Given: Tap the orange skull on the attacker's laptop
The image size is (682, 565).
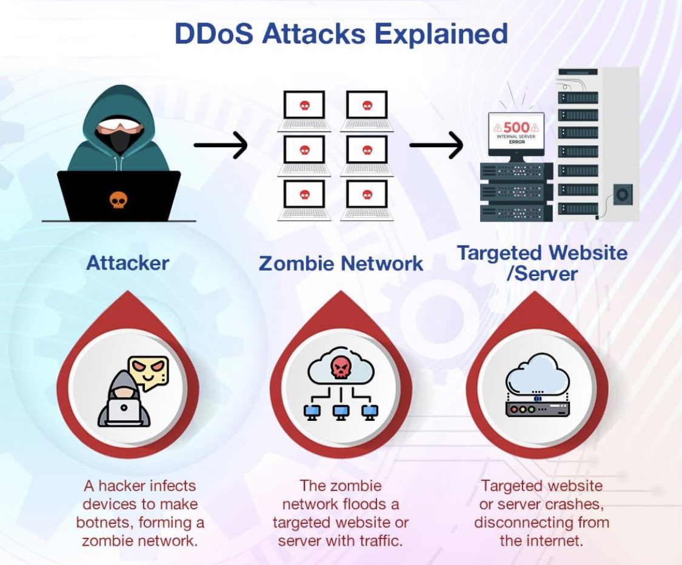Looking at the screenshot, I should pos(118,199).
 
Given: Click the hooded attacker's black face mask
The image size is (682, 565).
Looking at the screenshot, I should pos(121,140).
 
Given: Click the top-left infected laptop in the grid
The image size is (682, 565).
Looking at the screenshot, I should pos(304,110).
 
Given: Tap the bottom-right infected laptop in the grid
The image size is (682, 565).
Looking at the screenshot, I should pos(366,199).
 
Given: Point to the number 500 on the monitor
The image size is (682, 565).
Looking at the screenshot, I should pos(517,128).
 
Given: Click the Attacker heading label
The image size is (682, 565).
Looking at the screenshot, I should pos(127,263).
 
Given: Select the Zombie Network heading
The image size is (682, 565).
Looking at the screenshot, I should pos(341,263).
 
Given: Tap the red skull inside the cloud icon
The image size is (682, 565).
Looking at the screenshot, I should pos(339,366).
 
